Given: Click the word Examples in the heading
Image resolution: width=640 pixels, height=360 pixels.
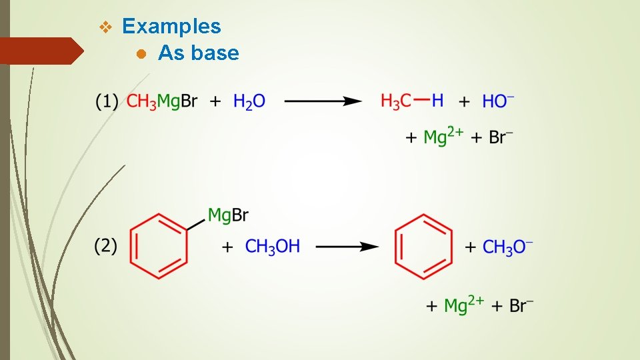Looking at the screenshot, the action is click(x=171, y=27).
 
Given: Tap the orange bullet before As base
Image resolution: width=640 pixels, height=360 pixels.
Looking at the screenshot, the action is click(x=141, y=54).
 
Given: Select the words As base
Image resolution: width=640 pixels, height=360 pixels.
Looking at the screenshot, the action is click(x=198, y=53).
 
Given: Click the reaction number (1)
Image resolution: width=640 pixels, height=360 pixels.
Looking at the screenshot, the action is click(x=107, y=102).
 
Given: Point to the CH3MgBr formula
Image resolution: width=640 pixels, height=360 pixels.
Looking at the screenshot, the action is click(x=162, y=102).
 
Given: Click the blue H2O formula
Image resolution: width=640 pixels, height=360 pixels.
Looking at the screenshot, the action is click(x=249, y=102).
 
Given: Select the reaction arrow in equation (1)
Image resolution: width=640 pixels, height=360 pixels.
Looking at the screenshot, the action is click(x=323, y=101).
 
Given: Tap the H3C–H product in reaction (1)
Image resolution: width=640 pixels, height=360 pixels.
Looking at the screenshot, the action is click(x=411, y=101).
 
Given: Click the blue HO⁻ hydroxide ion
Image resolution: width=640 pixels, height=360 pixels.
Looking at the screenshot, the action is click(x=498, y=102).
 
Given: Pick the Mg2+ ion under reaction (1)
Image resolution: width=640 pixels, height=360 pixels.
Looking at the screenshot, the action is click(x=443, y=137).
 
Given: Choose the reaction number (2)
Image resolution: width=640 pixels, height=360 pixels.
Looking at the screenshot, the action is click(x=107, y=247).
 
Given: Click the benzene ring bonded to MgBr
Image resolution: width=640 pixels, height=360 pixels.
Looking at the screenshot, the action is click(x=158, y=246).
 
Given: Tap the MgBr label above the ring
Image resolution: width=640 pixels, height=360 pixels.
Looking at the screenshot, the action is click(x=228, y=215).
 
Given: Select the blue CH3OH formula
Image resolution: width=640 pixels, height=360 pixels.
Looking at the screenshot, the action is click(x=273, y=247).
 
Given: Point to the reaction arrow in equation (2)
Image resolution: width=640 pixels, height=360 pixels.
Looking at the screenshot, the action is click(x=347, y=247).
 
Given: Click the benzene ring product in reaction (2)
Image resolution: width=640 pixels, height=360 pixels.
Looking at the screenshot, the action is click(x=424, y=246).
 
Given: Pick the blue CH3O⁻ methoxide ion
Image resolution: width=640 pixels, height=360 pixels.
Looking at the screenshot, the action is click(x=507, y=247).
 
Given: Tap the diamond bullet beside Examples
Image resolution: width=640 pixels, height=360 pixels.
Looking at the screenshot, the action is click(x=105, y=27).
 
